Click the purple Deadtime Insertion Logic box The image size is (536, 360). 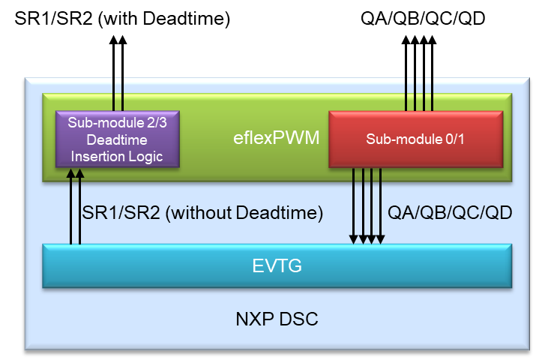click(x=120, y=139)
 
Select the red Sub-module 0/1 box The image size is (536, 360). click(x=415, y=139)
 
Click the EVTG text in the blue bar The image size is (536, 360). click(x=276, y=265)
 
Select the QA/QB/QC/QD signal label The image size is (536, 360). click(x=450, y=213)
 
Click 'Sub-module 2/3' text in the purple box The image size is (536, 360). click(x=120, y=123)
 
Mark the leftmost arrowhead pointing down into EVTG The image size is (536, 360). click(x=354, y=239)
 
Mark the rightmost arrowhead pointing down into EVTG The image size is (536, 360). click(x=381, y=239)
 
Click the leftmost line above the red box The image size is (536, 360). click(x=406, y=93)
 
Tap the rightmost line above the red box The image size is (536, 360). click(x=433, y=93)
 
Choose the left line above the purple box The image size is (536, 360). click(x=113, y=93)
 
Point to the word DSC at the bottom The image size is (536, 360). click(x=300, y=319)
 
